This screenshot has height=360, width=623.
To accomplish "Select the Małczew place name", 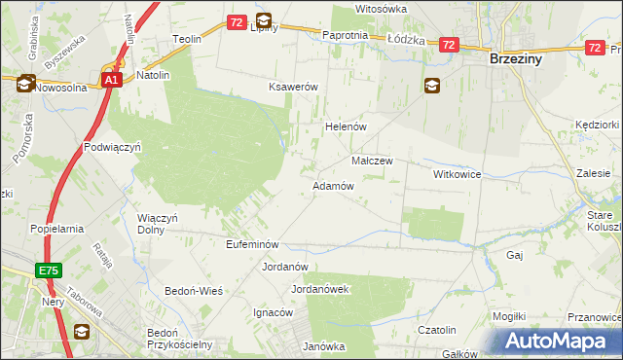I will click(x=371, y=162).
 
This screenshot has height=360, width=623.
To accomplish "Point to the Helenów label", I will click(x=344, y=126).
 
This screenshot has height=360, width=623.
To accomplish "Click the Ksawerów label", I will click(x=294, y=87).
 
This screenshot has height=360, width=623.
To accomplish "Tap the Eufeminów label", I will click(x=253, y=244).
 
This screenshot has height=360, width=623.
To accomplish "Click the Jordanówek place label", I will click(x=320, y=289).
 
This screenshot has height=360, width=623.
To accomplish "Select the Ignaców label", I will click(x=273, y=312).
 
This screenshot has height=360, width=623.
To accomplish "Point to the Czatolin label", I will click(x=437, y=330).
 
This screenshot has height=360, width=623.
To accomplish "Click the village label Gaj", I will click(x=515, y=254).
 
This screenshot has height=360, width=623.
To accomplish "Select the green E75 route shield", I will click(x=51, y=270).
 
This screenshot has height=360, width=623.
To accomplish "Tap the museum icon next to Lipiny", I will click(x=264, y=19).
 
